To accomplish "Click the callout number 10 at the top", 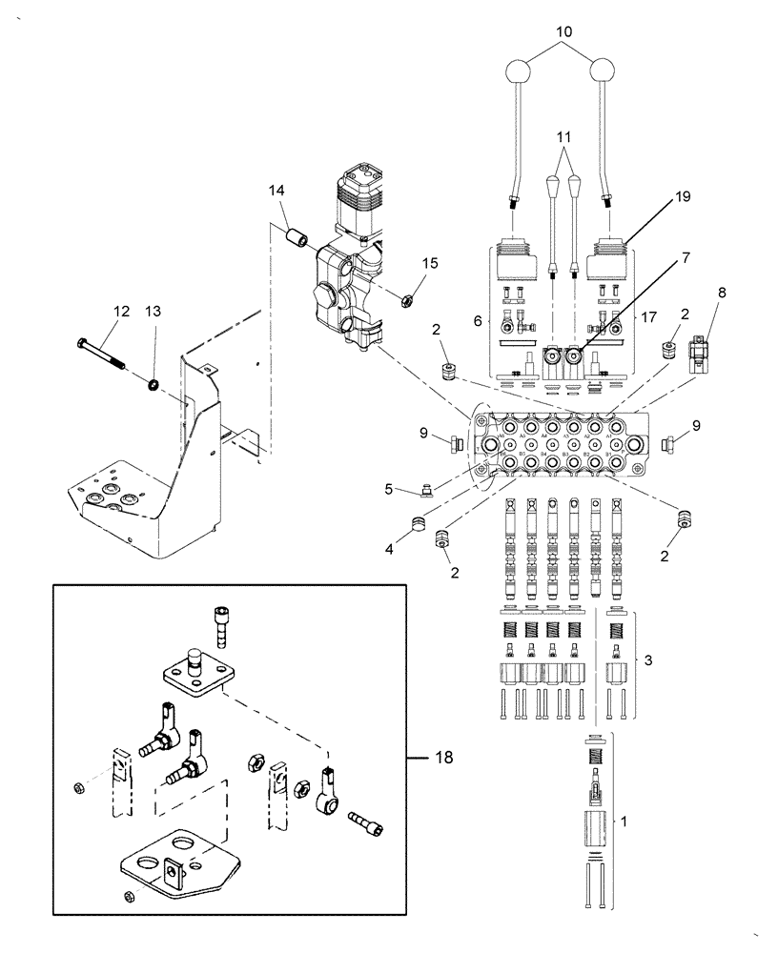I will pyautogui.click(x=564, y=32).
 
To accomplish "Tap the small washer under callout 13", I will pyautogui.click(x=152, y=385).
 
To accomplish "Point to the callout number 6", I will pyautogui.click(x=478, y=322).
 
